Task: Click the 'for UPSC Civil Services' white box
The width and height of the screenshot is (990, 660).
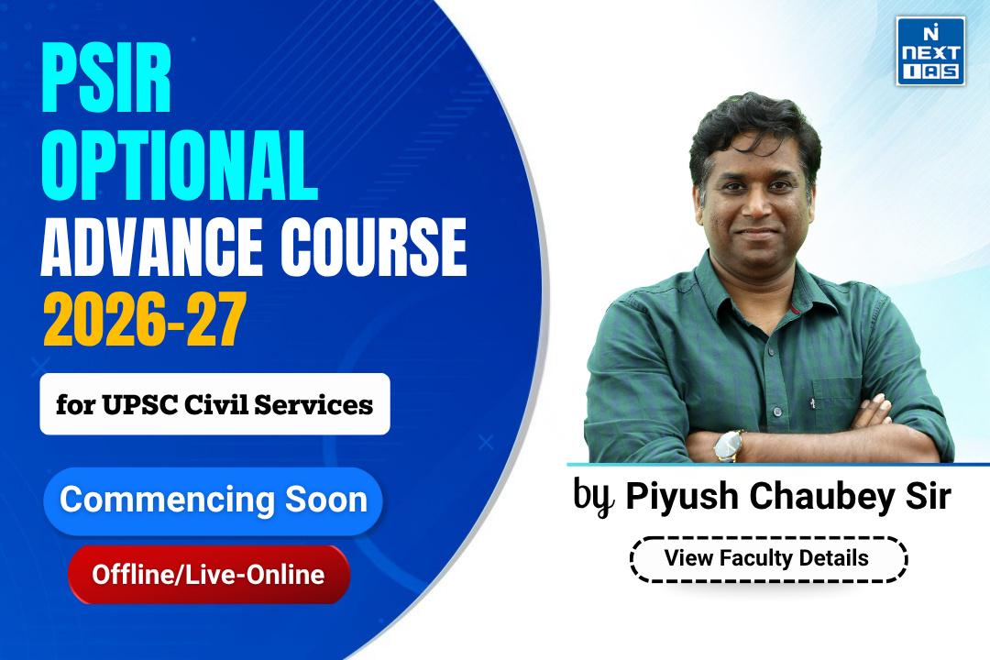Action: pos(214,403)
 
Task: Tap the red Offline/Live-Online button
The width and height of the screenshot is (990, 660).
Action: pos(208,575)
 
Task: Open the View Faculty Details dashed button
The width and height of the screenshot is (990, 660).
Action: pos(767,557)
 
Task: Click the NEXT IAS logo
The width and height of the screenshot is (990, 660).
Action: pos(929,51)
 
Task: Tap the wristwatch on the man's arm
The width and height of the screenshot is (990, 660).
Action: pos(729,445)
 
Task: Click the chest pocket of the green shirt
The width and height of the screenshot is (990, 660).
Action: pos(837,376)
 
